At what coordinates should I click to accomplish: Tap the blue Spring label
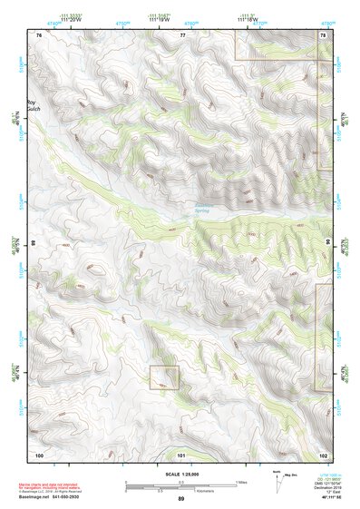[x=201, y=210]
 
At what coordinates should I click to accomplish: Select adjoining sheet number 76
[x=39, y=34]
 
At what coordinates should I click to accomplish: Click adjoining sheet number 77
[x=182, y=34]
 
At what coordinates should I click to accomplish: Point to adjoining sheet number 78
[x=323, y=34]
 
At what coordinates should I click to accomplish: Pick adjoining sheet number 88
[x=34, y=243]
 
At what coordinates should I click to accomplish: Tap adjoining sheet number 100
[x=39, y=454]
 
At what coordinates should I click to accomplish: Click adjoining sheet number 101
[x=181, y=454]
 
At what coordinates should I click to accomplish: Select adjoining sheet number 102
[x=323, y=454]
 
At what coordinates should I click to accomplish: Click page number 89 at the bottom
[x=180, y=499]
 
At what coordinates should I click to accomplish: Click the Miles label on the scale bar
[x=240, y=481]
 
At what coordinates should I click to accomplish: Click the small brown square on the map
[x=164, y=377]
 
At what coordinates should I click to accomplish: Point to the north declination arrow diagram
[x=277, y=482]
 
